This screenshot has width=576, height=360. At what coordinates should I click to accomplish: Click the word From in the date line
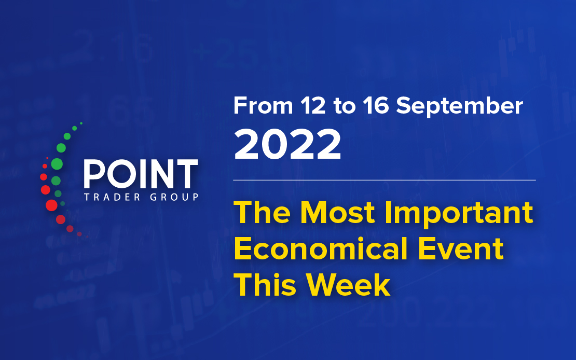(263, 106)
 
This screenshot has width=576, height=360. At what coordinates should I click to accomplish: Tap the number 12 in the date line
(312, 106)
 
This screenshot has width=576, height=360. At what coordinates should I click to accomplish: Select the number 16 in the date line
(375, 106)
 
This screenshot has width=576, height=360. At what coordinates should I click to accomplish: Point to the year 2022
(287, 144)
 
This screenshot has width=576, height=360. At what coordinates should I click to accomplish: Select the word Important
(458, 214)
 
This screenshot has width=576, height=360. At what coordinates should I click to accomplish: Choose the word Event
(461, 248)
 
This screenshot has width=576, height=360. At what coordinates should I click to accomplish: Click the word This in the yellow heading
(265, 285)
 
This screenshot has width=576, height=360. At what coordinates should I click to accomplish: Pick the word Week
(348, 285)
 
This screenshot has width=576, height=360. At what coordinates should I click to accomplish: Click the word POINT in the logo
(141, 174)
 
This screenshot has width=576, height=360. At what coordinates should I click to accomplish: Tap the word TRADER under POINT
(113, 197)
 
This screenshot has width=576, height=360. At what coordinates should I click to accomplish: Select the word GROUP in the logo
(174, 197)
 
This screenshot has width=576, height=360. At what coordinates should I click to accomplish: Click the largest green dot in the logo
(57, 164)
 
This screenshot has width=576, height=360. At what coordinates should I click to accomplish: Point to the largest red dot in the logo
(51, 205)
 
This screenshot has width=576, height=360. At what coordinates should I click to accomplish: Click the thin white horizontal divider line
(385, 181)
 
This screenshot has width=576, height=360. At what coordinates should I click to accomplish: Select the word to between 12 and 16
(345, 106)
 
